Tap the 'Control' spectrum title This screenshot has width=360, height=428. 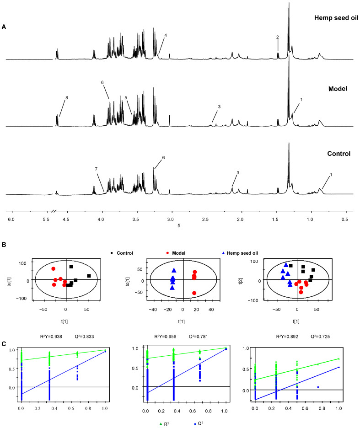[335, 154]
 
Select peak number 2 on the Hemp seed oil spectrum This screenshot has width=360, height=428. [277, 37]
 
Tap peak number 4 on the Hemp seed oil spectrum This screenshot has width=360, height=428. [166, 35]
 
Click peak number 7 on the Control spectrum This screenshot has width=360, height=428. [97, 169]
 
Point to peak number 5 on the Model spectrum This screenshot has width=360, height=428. [126, 98]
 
